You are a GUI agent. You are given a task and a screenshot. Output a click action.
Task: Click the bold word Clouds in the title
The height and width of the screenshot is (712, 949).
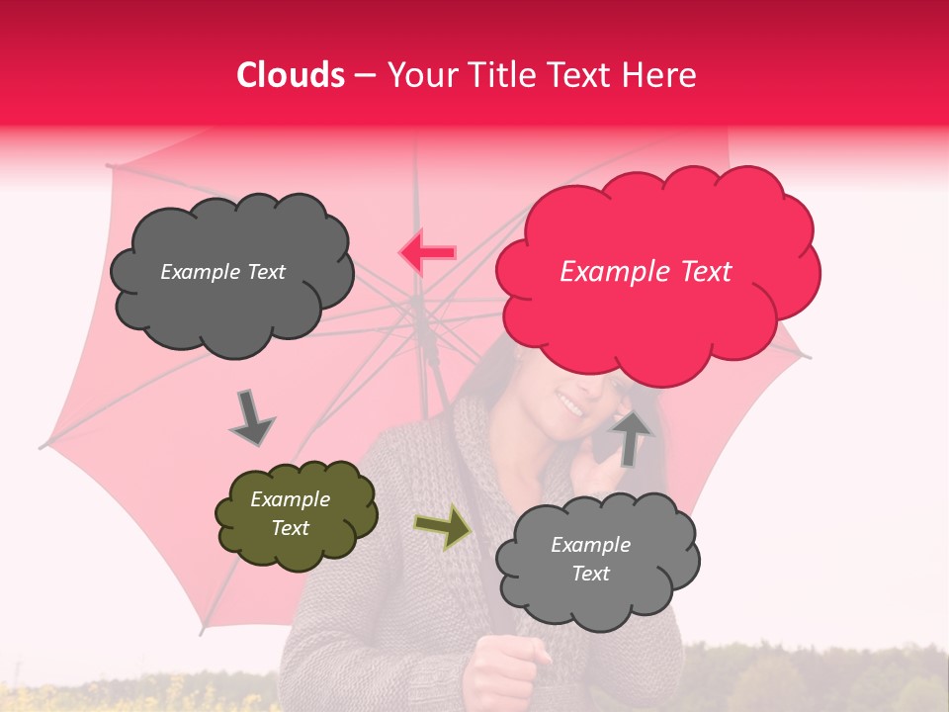[x=291, y=75]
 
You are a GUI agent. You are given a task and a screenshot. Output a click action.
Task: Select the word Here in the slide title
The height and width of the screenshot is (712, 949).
[x=659, y=75]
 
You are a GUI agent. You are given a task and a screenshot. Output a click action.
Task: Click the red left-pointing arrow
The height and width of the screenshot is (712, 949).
[x=427, y=253]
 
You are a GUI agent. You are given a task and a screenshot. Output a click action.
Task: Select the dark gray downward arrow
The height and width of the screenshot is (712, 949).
[x=252, y=417]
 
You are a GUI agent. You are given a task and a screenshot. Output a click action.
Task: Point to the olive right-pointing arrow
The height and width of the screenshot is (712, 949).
[x=442, y=526]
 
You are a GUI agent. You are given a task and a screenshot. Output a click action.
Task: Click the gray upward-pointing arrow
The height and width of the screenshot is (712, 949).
[x=632, y=436]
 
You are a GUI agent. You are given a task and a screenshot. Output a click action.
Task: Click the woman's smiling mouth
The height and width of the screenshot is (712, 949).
[x=570, y=402]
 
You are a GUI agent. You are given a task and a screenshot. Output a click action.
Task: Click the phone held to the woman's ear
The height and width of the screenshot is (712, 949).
[x=601, y=445]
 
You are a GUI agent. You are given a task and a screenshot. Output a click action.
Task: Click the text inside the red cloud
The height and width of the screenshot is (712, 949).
[x=646, y=272]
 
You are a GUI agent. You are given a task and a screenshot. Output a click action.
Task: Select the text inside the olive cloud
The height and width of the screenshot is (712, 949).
[x=290, y=513]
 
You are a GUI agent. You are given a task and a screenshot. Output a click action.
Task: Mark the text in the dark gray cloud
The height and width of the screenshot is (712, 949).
[x=222, y=272]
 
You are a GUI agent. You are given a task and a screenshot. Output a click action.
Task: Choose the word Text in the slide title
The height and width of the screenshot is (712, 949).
[x=583, y=75]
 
